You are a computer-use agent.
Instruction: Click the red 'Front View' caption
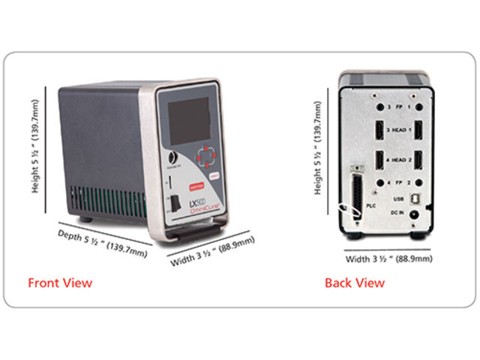click(x=60, y=283)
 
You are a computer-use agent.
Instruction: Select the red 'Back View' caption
click(x=354, y=283)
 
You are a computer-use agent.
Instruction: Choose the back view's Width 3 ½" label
click(x=388, y=259)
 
